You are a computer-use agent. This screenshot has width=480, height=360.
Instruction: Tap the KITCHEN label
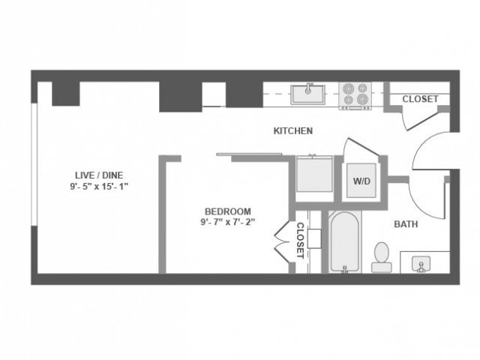point(292,131)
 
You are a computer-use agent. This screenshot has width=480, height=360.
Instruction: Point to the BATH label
point(406,223)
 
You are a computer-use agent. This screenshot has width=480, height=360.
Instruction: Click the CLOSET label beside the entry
point(420,99)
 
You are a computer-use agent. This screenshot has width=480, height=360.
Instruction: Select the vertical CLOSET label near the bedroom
point(299,240)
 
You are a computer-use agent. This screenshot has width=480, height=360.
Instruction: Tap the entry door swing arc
point(420,150)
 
